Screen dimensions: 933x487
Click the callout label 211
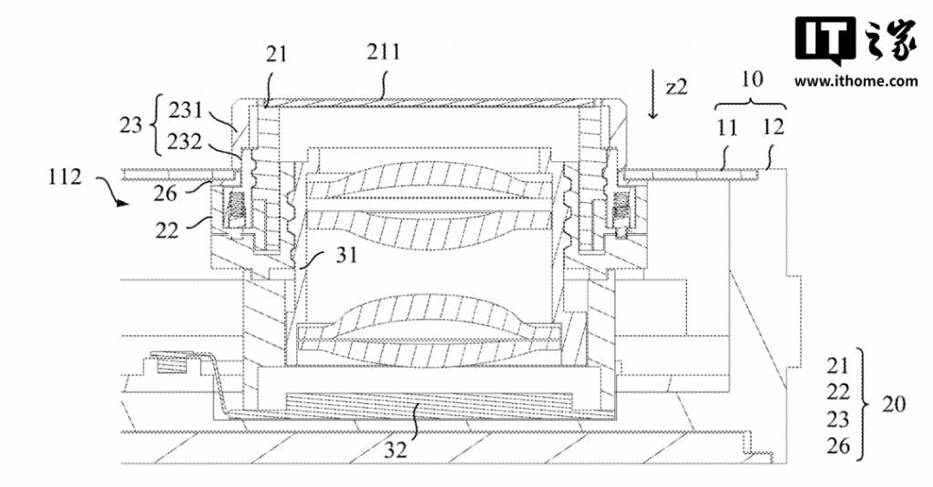click(384, 53)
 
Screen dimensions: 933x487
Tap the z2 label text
click(676, 86)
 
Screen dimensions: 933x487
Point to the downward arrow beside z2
click(653, 96)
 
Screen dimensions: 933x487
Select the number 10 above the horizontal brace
click(752, 78)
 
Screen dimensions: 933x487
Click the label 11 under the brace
click(726, 127)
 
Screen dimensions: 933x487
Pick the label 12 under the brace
click(773, 127)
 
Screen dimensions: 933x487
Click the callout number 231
click(186, 110)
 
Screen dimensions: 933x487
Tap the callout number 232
click(185, 142)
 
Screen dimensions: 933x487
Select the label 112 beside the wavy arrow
click(65, 177)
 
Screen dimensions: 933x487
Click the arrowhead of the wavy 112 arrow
click(123, 203)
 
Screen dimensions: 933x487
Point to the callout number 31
click(346, 255)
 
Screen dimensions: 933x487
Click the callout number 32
click(395, 449)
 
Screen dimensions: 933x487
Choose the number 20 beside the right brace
click(893, 404)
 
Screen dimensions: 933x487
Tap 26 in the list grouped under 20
click(838, 445)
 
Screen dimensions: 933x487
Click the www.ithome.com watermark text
click(856, 81)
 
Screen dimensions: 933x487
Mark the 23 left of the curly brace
click(131, 126)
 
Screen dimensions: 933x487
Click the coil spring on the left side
click(236, 208)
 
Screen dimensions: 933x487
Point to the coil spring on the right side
click(620, 208)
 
